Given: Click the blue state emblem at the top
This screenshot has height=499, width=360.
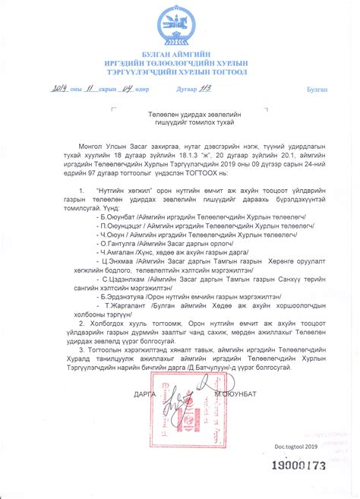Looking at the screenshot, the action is pos(180,26).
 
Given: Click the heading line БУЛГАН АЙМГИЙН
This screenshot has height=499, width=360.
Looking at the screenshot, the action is pos(180,55).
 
